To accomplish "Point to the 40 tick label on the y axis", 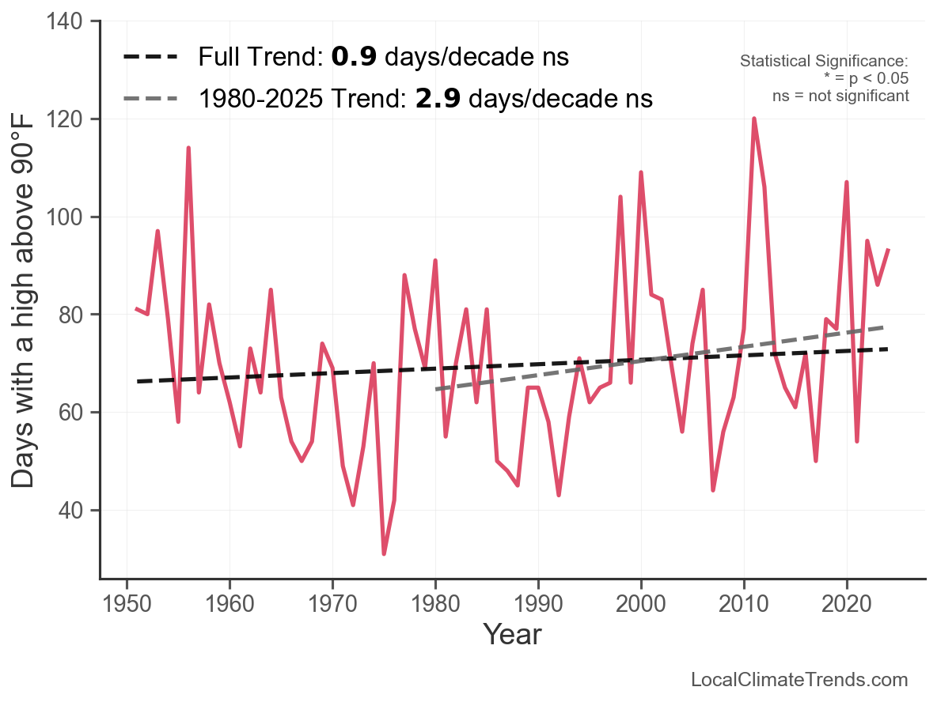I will (x=69, y=511).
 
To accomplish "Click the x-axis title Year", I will (x=512, y=634).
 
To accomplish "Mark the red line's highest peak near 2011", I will (x=754, y=119).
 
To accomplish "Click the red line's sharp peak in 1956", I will (x=188, y=148).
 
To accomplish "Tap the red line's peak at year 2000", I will (x=641, y=172).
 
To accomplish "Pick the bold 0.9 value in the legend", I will (x=348, y=57).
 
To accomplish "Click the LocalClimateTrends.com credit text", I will (x=799, y=679).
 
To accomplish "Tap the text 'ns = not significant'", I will (x=840, y=95).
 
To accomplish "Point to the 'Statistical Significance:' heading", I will (x=824, y=62).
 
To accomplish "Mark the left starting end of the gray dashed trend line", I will (x=436, y=389).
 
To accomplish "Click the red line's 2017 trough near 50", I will (x=816, y=461).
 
